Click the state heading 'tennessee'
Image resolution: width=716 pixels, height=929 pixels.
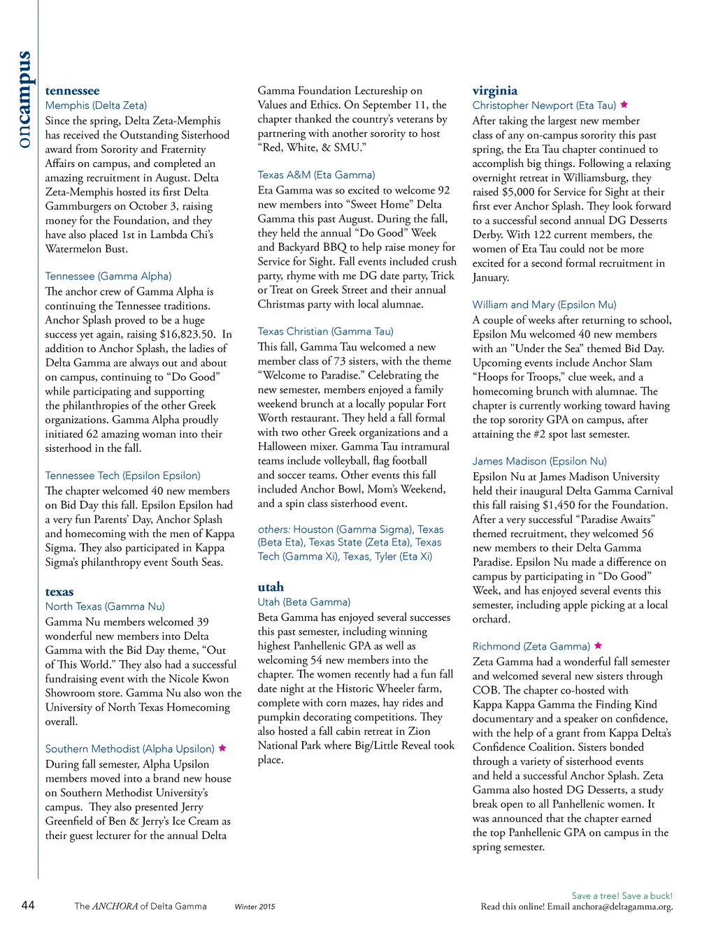(x=72, y=91)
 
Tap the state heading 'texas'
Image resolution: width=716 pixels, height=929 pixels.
(x=59, y=592)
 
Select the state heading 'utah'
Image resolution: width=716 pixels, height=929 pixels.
(x=271, y=587)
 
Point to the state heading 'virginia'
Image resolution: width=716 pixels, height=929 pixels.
(x=495, y=90)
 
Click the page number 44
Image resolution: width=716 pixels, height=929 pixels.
(x=28, y=905)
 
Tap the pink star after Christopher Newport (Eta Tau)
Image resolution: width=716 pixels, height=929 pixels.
(x=624, y=105)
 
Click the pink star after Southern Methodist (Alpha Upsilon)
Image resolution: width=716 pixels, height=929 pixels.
(x=222, y=748)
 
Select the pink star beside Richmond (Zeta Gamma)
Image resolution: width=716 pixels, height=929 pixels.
(x=598, y=646)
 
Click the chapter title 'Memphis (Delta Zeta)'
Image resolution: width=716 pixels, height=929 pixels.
(x=96, y=105)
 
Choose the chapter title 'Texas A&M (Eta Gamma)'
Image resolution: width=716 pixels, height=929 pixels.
(x=316, y=175)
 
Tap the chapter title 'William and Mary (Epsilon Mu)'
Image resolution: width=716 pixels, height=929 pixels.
(x=544, y=305)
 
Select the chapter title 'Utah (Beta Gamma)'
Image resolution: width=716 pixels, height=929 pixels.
(x=303, y=602)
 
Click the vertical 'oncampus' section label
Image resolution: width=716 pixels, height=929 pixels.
(x=23, y=99)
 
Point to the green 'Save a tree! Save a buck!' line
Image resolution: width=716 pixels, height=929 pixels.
(x=622, y=895)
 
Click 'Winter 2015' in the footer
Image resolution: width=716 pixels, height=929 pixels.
(x=255, y=907)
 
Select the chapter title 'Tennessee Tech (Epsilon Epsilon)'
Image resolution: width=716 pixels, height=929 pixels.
(x=122, y=476)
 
